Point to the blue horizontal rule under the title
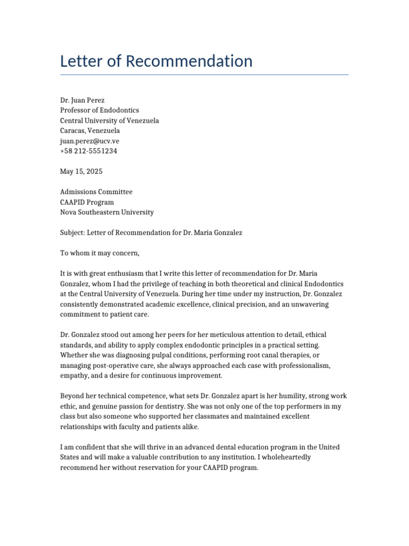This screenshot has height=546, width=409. (204, 75)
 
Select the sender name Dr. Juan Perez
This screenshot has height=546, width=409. (82, 100)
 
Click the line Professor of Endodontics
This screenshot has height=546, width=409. (100, 110)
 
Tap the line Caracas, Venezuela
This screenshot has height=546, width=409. (90, 131)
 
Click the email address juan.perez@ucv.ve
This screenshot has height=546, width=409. (89, 141)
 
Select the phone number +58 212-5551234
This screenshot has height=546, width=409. (88, 151)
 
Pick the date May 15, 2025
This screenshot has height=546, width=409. (81, 172)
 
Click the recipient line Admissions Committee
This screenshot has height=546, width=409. (96, 192)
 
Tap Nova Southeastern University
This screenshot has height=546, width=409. (107, 212)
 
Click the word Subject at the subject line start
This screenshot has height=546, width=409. (72, 233)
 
